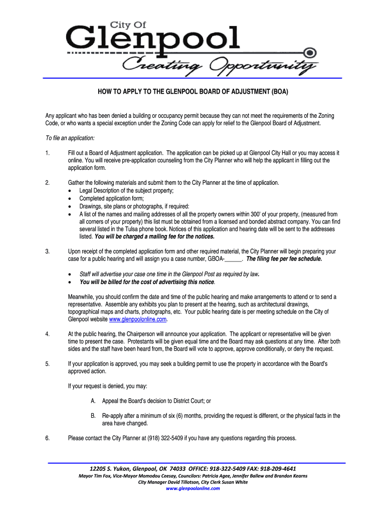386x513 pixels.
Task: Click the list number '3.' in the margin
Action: (x=47, y=251)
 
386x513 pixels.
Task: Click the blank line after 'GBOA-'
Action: (x=234, y=260)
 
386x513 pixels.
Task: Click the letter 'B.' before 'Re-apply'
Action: (x=93, y=416)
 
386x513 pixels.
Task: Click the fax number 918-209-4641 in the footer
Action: (x=275, y=469)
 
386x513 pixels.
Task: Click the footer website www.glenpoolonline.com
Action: (x=192, y=488)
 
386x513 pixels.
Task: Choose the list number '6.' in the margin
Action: (x=47, y=438)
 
